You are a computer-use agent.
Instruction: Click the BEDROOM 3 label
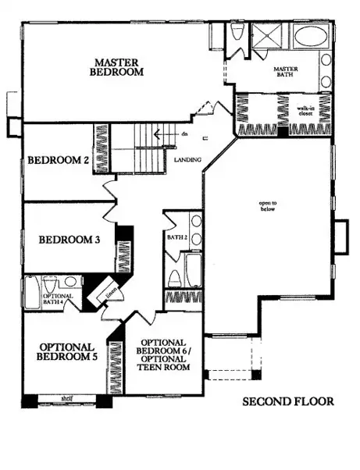tap(69, 240)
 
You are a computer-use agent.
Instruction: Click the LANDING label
tap(189, 161)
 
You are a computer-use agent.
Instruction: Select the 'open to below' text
tap(268, 206)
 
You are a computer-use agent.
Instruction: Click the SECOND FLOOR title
tap(287, 402)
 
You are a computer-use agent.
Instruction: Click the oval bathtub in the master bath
tap(312, 37)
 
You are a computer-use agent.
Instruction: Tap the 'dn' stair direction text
tap(185, 134)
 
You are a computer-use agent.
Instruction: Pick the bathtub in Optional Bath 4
tap(32, 292)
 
